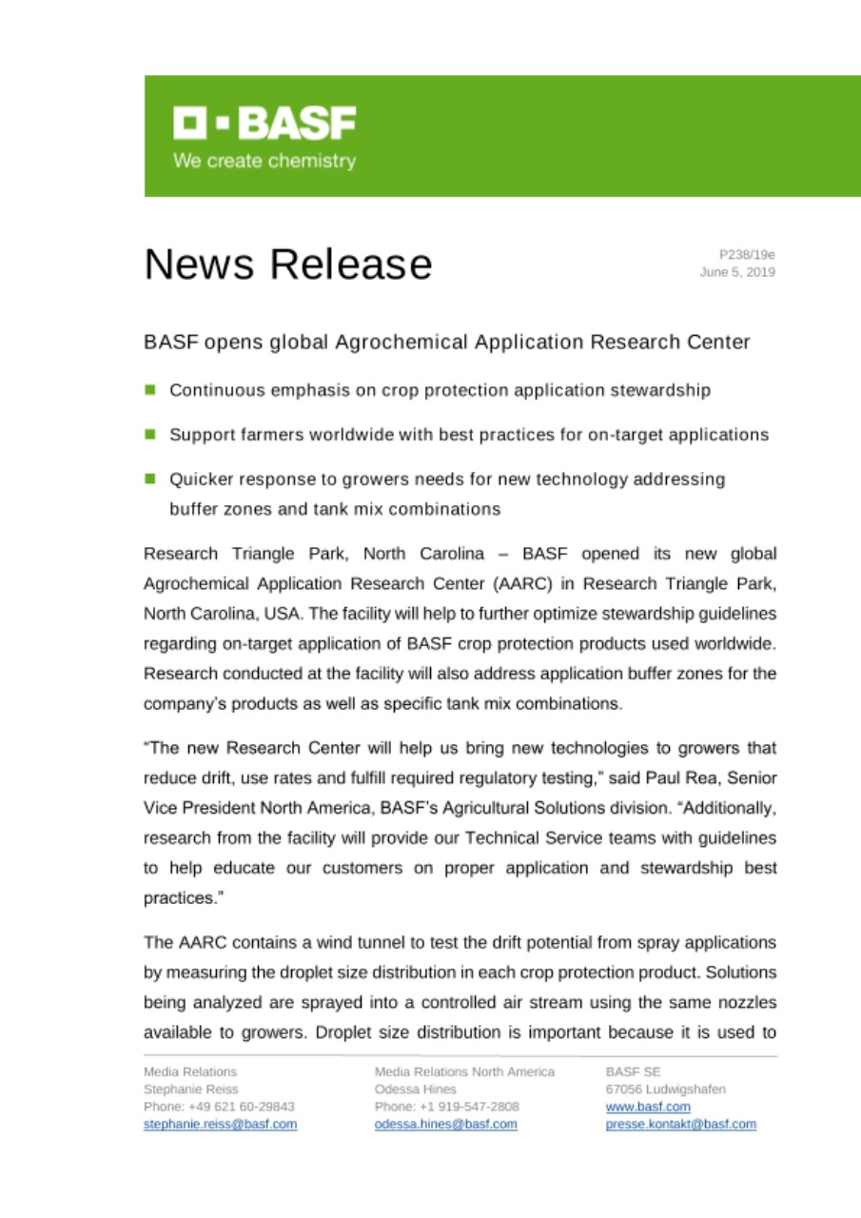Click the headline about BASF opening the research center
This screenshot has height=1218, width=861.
(x=446, y=342)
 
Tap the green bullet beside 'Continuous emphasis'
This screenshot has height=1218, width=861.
(x=150, y=389)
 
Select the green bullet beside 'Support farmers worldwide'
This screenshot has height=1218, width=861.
(x=150, y=434)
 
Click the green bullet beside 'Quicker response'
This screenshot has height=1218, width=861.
(x=150, y=480)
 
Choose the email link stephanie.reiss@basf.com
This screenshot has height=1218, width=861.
(x=220, y=1124)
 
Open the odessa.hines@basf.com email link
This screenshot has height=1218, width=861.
(x=446, y=1124)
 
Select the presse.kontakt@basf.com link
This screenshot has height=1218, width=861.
(x=681, y=1124)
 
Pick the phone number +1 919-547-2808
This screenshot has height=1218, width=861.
(x=469, y=1107)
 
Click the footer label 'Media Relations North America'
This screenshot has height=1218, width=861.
(x=465, y=1071)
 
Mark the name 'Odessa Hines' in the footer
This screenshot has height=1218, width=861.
(x=416, y=1089)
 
